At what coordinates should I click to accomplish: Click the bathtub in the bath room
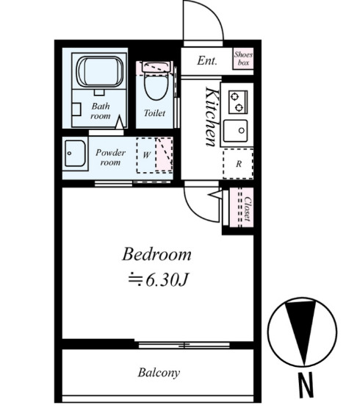click(100, 71)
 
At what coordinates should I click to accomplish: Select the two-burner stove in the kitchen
click(238, 102)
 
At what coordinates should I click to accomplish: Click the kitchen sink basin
click(235, 131)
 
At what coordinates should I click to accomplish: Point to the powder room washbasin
click(75, 154)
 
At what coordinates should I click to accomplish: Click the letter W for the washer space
click(146, 154)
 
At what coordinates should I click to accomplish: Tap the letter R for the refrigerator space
click(239, 164)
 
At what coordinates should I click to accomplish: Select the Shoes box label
click(243, 59)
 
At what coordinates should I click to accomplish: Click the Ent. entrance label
click(207, 60)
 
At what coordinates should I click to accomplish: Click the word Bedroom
click(156, 254)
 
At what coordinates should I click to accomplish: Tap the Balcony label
click(159, 373)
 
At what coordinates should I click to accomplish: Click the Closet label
click(248, 209)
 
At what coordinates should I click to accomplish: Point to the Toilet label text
click(154, 113)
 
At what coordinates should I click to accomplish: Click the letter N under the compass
click(306, 385)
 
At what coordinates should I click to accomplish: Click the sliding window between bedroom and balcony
click(184, 345)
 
